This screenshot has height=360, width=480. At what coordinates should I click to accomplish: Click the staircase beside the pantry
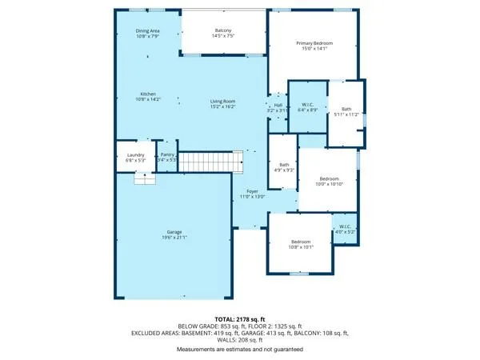(210, 162)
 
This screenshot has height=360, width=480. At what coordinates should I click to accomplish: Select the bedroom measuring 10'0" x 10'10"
(330, 181)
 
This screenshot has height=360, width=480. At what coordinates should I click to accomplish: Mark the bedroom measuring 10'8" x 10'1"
(300, 244)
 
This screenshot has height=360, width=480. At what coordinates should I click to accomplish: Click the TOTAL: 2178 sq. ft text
(239, 318)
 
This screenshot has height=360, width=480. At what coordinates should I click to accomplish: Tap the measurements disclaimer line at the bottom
(239, 350)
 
